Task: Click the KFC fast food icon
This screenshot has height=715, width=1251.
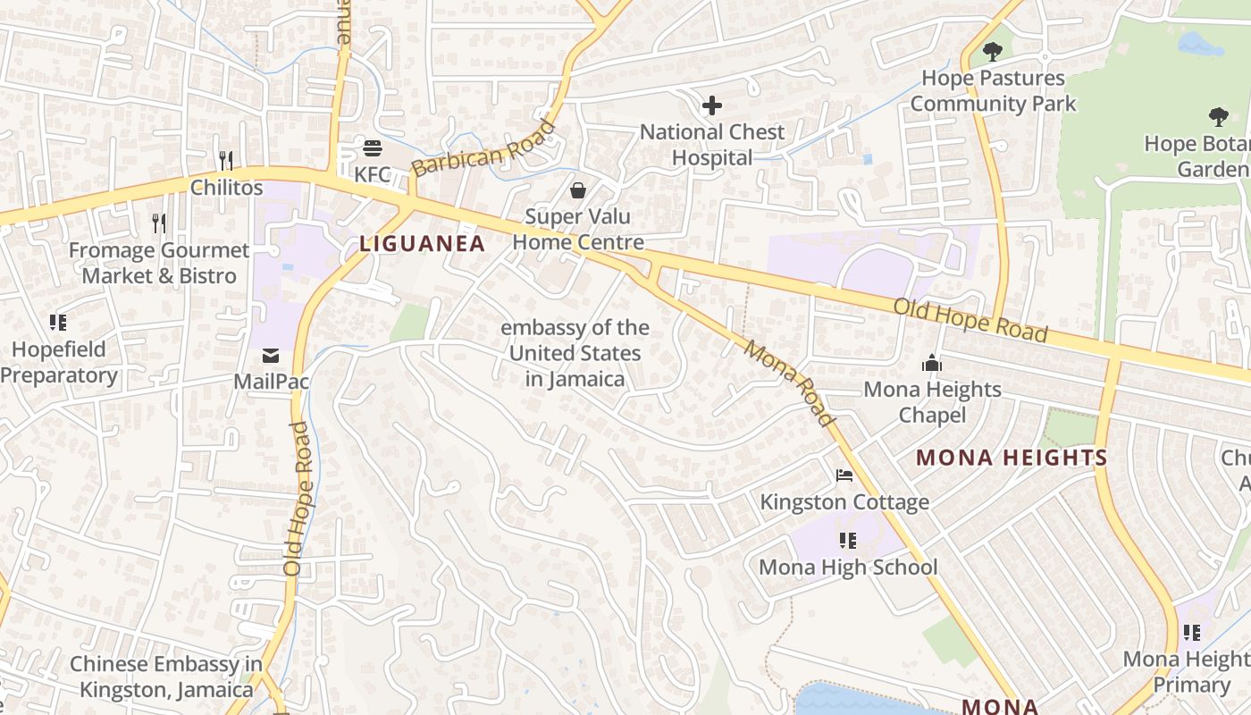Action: [373, 148]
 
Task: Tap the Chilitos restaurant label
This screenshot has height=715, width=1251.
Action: [226, 187]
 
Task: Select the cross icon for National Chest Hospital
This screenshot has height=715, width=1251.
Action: [712, 106]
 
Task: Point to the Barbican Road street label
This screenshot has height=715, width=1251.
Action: [483, 148]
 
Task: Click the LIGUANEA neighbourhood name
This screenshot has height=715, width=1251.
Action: [423, 243]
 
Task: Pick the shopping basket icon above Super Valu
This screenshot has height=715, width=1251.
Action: [578, 190]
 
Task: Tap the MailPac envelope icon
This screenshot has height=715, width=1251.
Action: [271, 357]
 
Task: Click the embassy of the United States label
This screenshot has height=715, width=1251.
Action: [575, 353]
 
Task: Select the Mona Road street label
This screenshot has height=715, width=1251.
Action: [789, 383]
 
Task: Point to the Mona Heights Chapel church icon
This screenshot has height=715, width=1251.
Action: [932, 363]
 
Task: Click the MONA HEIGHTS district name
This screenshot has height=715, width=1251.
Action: [1012, 458]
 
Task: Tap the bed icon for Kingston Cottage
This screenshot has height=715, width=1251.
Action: [844, 475]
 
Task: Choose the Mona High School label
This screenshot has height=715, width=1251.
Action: [848, 567]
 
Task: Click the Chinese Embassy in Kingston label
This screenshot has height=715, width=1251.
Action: [166, 677]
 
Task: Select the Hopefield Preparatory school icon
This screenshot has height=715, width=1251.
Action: [58, 323]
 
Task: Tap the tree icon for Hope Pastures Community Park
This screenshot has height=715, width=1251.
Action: [992, 52]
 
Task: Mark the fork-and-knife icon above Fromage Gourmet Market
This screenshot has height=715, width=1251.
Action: [159, 223]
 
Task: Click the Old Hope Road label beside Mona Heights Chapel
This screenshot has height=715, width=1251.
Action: [970, 320]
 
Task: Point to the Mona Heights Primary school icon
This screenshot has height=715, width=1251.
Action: [1192, 633]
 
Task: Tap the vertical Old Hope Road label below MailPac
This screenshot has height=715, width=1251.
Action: [297, 498]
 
